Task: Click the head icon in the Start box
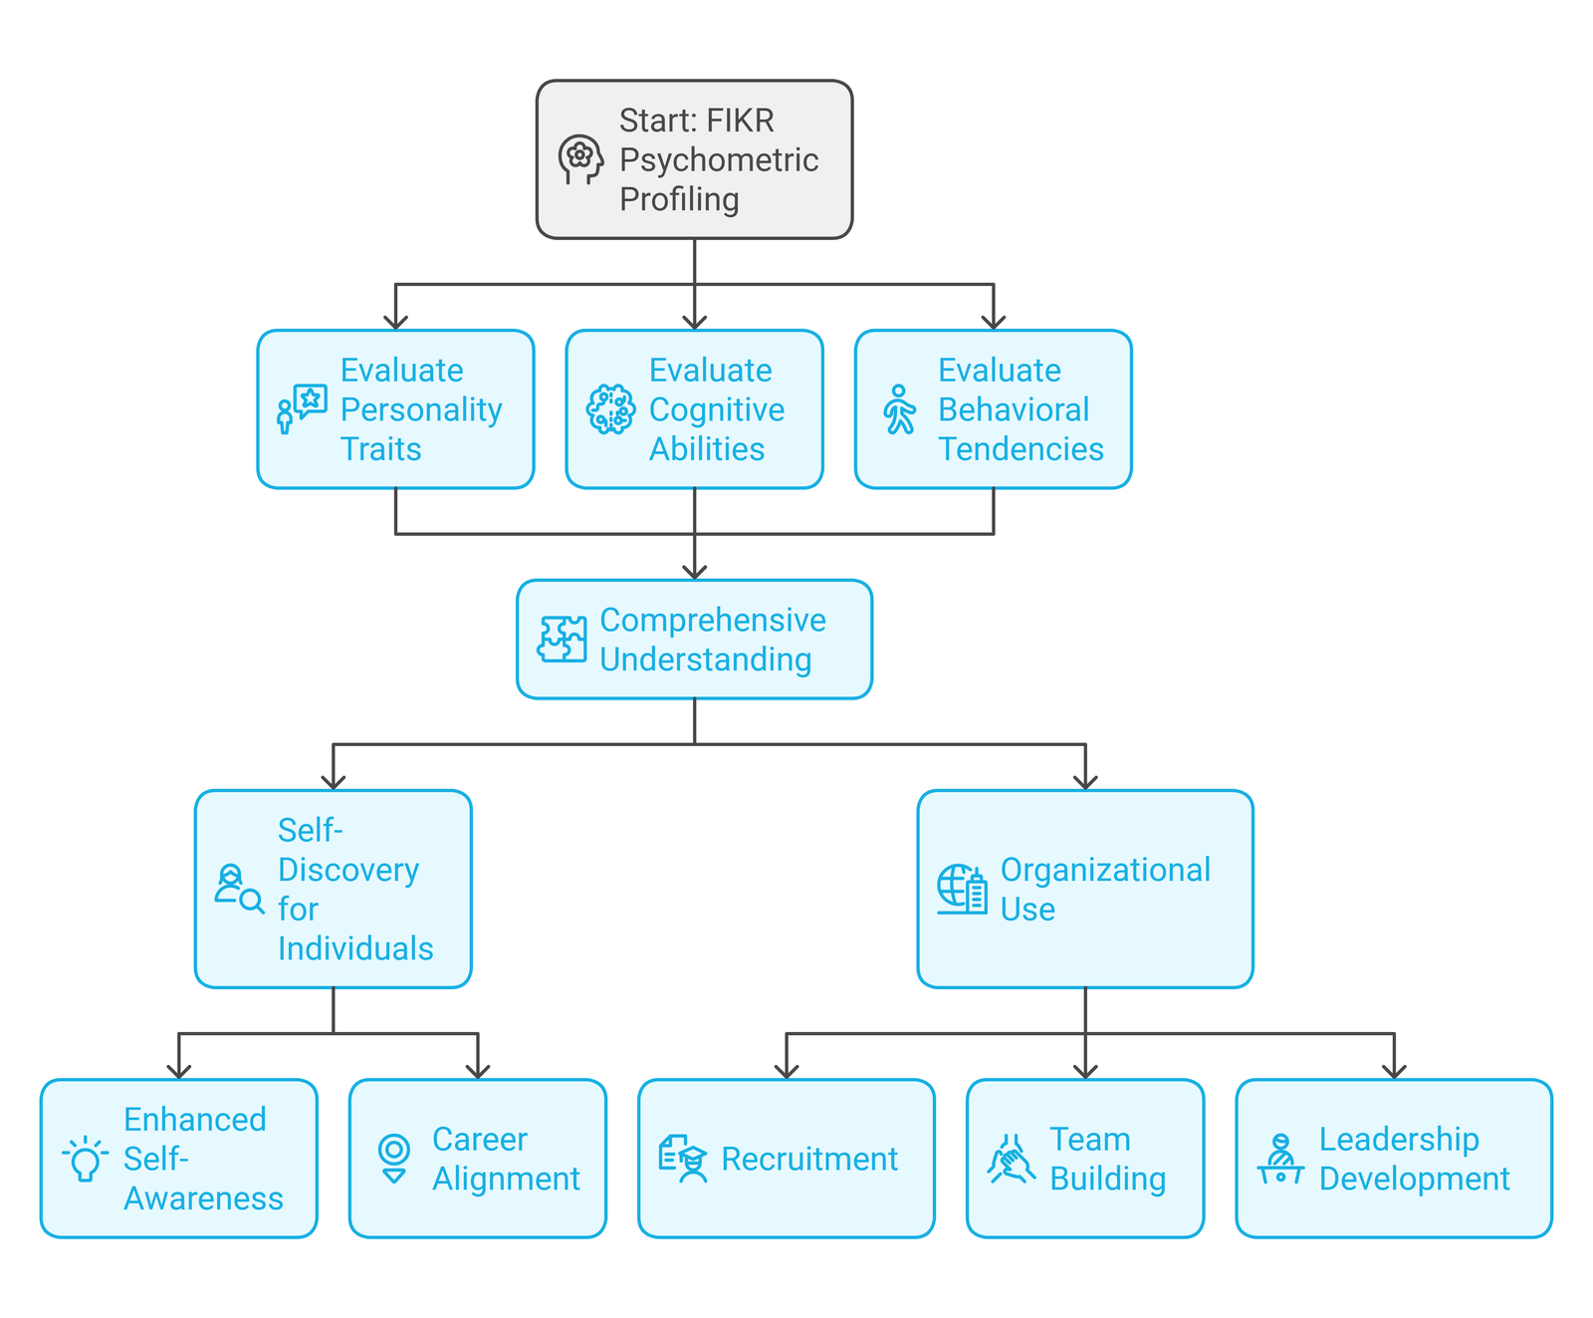(x=580, y=159)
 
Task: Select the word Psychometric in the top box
(x=718, y=159)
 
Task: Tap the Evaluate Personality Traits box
(x=395, y=409)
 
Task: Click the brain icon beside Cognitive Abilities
(x=610, y=409)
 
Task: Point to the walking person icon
(x=899, y=409)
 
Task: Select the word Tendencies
(x=1021, y=449)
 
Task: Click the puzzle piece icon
(x=563, y=640)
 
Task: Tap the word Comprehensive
(x=712, y=620)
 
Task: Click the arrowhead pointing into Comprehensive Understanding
(x=695, y=572)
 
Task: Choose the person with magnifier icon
(x=239, y=889)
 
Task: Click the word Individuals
(x=355, y=948)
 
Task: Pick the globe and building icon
(x=962, y=889)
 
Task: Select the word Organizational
(x=1105, y=870)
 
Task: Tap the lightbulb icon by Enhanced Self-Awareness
(x=86, y=1159)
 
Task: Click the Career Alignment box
(x=478, y=1159)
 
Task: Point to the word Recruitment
(x=808, y=1159)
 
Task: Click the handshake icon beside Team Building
(x=1011, y=1159)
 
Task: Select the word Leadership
(x=1399, y=1139)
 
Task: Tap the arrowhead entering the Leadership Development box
(x=1394, y=1071)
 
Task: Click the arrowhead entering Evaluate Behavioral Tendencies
(x=994, y=322)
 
